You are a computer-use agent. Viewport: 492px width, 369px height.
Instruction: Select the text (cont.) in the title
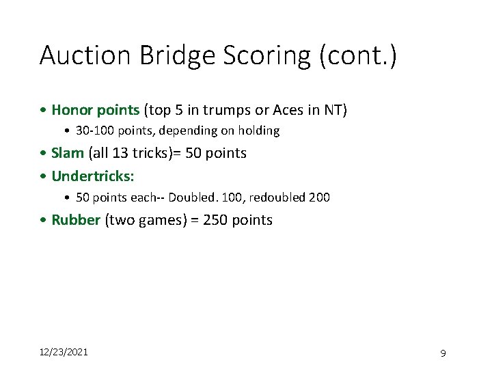click(357, 55)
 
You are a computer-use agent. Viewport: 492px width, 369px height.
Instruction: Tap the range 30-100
click(96, 131)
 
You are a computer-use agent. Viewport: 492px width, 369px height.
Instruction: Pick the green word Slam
click(68, 153)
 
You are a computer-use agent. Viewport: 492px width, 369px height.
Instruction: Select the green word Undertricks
click(93, 176)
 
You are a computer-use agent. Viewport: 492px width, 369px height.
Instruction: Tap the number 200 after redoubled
click(319, 197)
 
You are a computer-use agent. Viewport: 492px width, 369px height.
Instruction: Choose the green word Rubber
click(76, 220)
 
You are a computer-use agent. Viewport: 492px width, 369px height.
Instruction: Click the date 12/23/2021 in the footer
click(63, 352)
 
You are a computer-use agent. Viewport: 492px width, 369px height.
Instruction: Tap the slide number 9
click(443, 353)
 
